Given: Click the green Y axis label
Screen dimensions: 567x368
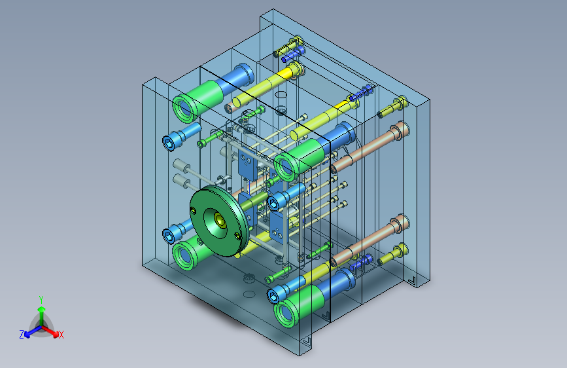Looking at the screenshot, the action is [41, 300].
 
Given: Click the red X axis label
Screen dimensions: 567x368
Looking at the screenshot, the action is [61, 335].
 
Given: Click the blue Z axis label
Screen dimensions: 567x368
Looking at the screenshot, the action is [22, 335].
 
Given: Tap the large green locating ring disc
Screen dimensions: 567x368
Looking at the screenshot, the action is [219, 221].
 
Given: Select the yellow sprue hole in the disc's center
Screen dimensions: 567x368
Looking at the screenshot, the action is [220, 219].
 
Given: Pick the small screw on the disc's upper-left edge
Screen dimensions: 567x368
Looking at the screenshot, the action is [194, 210].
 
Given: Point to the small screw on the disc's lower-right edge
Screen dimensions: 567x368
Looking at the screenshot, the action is [237, 236].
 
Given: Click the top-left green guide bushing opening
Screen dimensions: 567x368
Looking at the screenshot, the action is [184, 108].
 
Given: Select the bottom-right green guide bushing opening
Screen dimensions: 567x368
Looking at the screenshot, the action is [286, 314].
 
